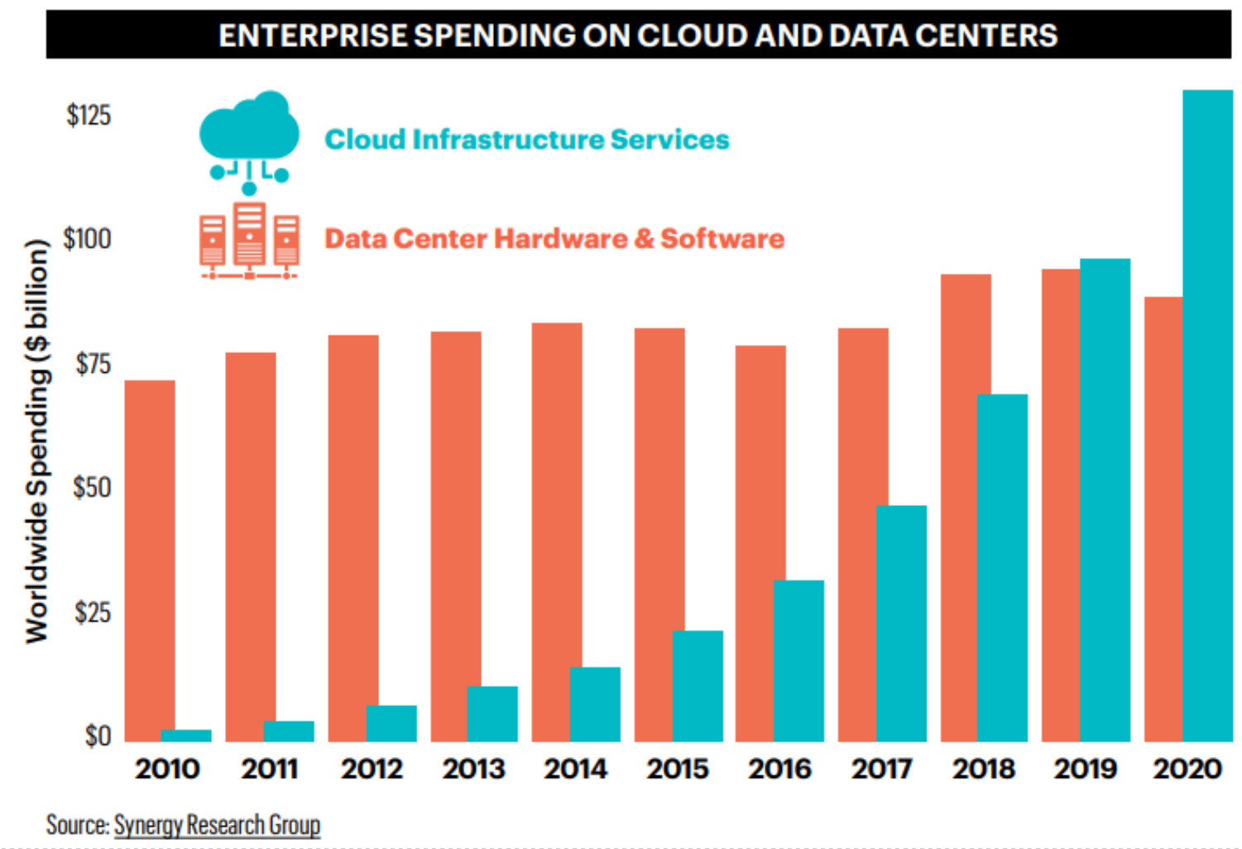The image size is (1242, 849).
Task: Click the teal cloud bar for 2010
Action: (x=186, y=735)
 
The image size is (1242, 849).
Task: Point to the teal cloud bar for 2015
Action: (x=698, y=685)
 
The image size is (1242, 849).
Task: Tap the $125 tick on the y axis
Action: (x=89, y=115)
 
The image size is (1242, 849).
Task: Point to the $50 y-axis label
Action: (x=91, y=488)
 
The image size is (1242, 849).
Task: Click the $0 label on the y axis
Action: (x=98, y=736)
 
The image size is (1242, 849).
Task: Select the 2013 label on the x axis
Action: (x=473, y=769)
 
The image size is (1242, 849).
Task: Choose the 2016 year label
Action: (x=779, y=769)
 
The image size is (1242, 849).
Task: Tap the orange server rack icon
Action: (x=249, y=240)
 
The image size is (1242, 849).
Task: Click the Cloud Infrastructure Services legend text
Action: (x=526, y=139)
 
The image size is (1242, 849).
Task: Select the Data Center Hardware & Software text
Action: (x=554, y=238)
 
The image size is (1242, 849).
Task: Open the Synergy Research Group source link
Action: (x=217, y=824)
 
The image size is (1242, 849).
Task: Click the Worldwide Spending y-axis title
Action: (x=37, y=441)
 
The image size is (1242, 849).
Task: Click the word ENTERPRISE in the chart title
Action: (x=313, y=36)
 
